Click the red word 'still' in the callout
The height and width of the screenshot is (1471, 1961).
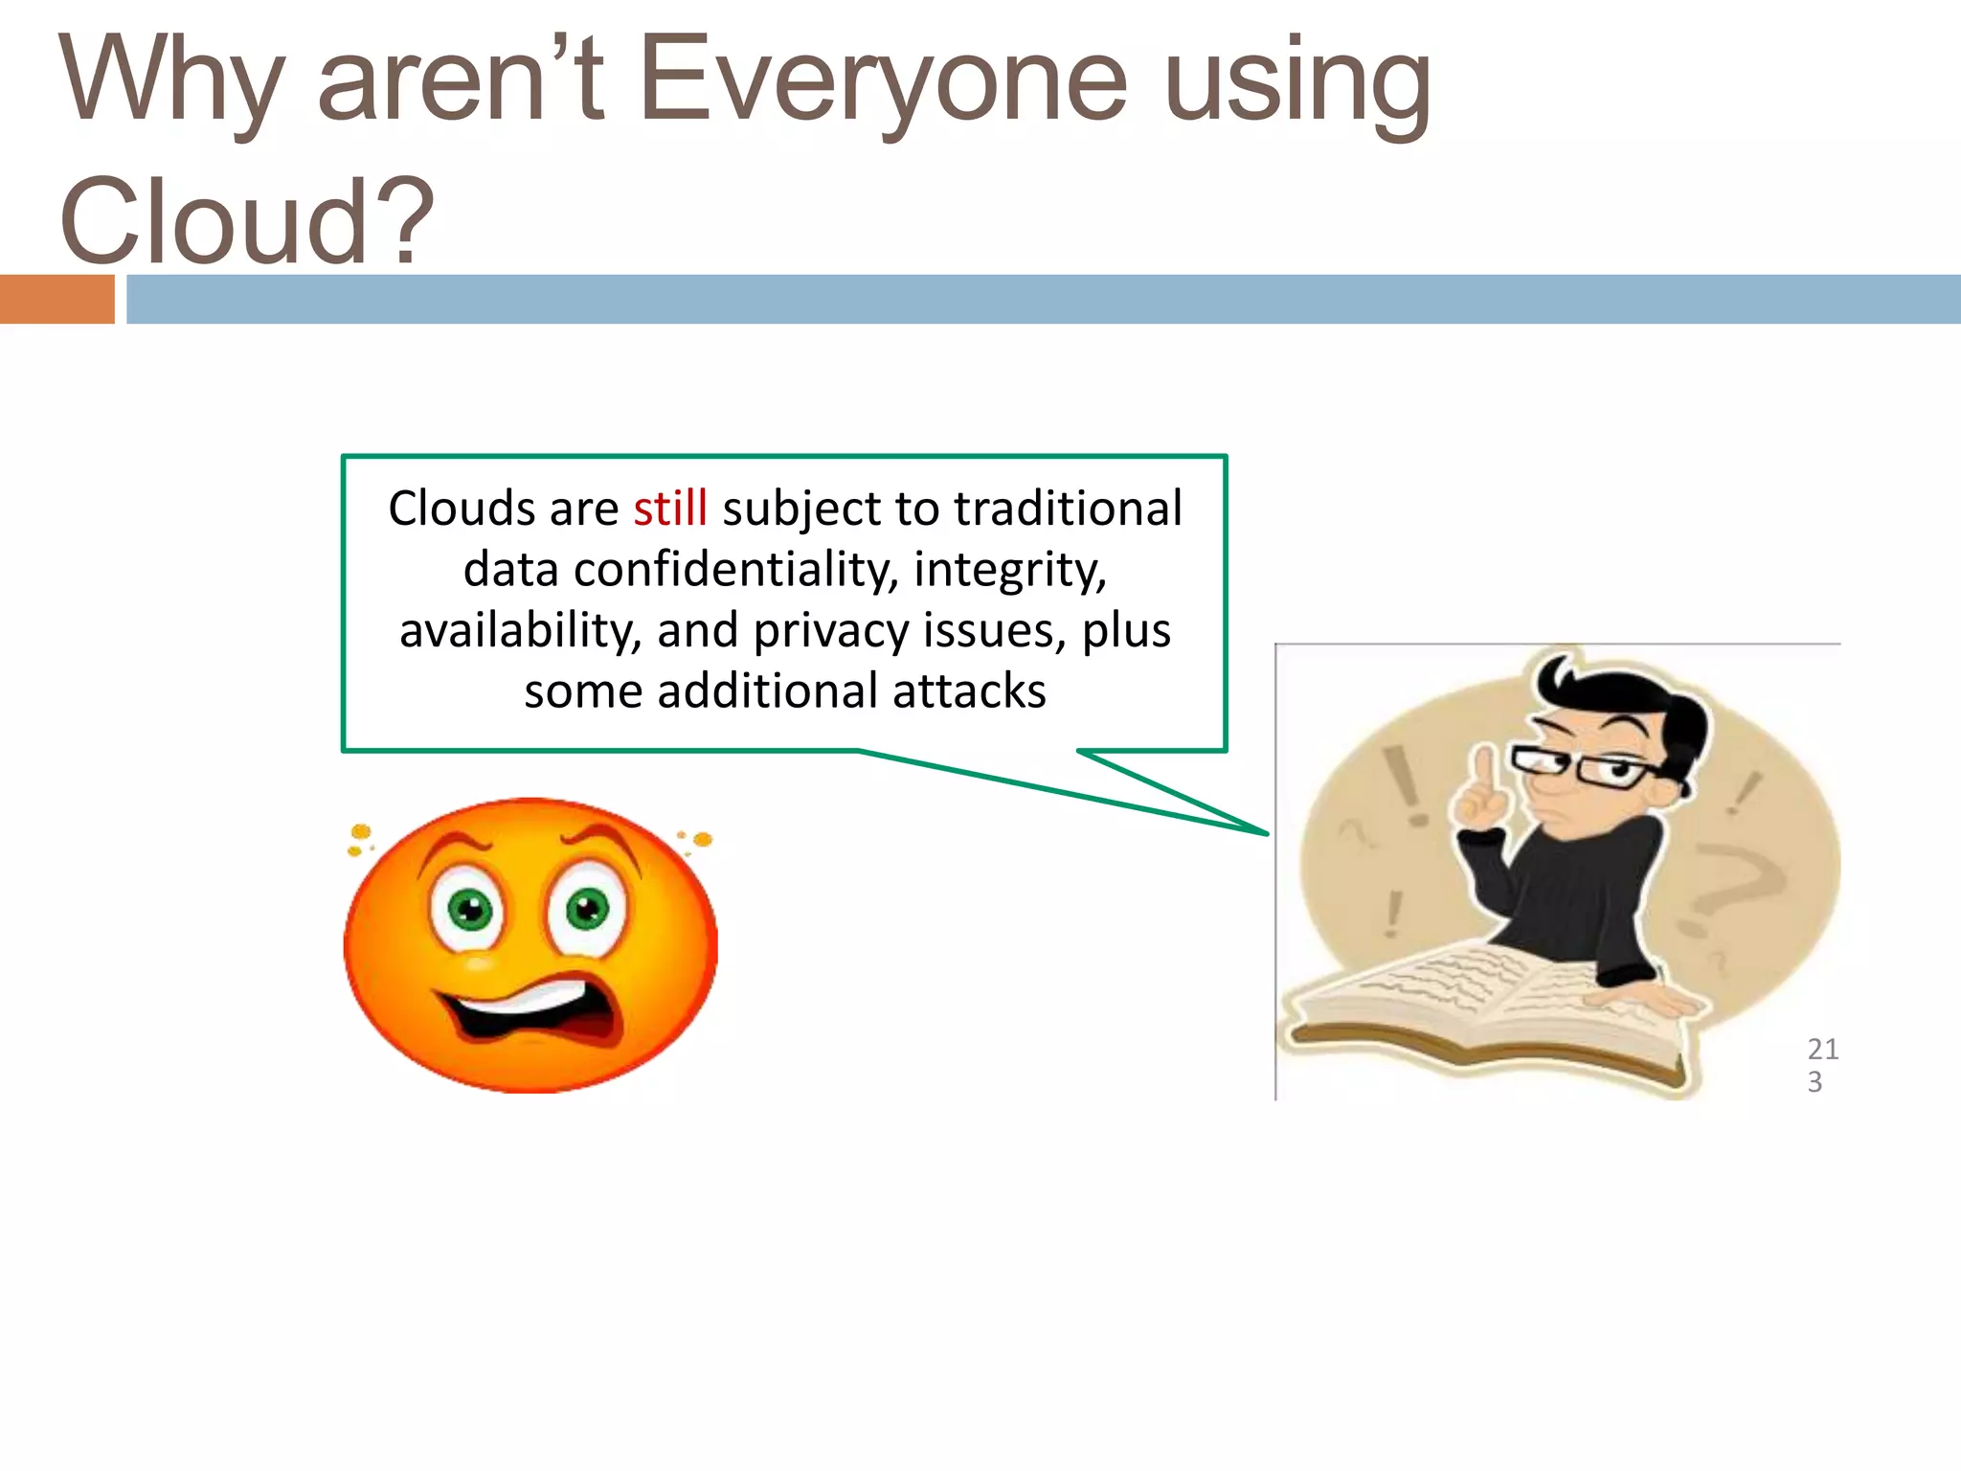pos(669,509)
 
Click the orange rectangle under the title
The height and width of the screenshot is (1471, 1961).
pos(56,299)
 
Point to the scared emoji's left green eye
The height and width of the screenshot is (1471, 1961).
pos(470,909)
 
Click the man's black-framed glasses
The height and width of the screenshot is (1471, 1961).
pos(1580,767)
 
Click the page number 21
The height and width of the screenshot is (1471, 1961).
pos(1822,1049)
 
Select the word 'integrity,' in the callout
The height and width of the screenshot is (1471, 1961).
pos(1010,570)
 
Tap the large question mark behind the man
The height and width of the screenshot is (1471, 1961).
pos(1733,891)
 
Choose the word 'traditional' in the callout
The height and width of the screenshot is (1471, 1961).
pos(1068,509)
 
